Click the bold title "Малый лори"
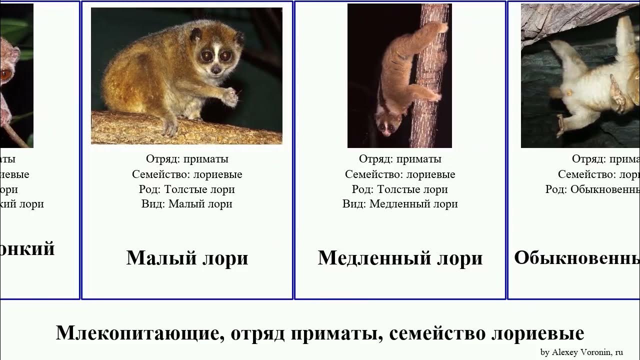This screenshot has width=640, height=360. (187, 258)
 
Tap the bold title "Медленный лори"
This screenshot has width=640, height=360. (400, 258)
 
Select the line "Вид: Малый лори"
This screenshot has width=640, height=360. (187, 204)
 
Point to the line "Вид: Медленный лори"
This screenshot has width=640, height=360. (400, 204)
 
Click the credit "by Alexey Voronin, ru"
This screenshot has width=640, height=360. (581, 352)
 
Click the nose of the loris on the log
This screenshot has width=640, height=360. (215, 69)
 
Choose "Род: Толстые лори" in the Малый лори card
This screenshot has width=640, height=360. (187, 189)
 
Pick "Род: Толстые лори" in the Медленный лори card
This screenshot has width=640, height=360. (400, 189)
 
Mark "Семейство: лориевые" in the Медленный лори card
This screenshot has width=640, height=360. (400, 174)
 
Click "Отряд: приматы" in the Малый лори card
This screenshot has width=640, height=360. (187, 159)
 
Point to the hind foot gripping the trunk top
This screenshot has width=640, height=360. (439, 26)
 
